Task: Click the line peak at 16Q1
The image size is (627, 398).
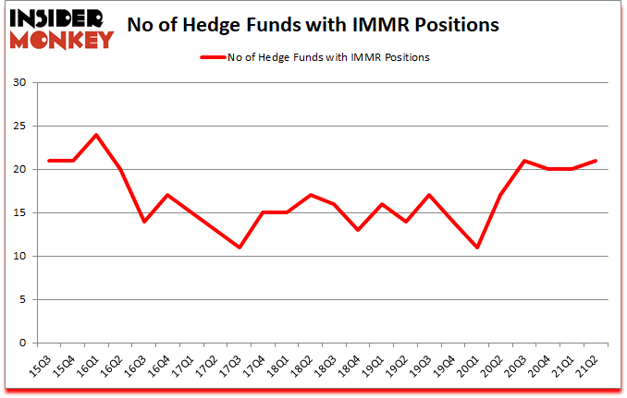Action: [x=96, y=135]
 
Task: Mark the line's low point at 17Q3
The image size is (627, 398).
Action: [x=240, y=247]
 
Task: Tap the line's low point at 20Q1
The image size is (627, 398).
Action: [x=478, y=247]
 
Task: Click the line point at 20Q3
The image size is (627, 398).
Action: [x=525, y=161]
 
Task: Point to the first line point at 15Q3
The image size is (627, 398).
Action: [x=48, y=161]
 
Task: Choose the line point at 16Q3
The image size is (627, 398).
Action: [x=143, y=222]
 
